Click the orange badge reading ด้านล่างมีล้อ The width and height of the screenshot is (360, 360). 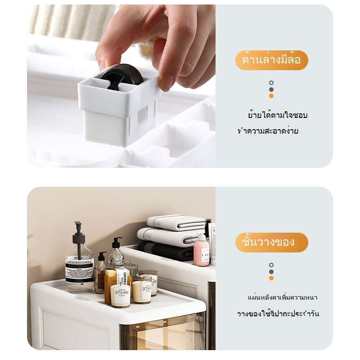click(272, 60)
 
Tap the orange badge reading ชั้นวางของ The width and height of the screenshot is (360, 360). click(272, 243)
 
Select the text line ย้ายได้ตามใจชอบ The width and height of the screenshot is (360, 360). click(278, 115)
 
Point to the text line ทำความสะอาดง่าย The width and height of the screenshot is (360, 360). click(268, 131)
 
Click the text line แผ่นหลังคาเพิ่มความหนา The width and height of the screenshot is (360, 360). click(283, 297)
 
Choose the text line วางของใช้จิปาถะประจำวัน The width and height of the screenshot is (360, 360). click(278, 313)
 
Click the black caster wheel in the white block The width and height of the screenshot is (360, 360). click(121, 76)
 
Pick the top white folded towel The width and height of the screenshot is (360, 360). click(176, 222)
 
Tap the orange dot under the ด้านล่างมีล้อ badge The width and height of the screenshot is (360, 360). click(271, 96)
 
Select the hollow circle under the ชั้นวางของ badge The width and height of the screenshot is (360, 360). click(271, 265)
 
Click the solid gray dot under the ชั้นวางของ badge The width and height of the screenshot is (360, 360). click(271, 272)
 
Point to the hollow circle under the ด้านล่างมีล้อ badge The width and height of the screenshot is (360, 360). click(271, 83)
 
